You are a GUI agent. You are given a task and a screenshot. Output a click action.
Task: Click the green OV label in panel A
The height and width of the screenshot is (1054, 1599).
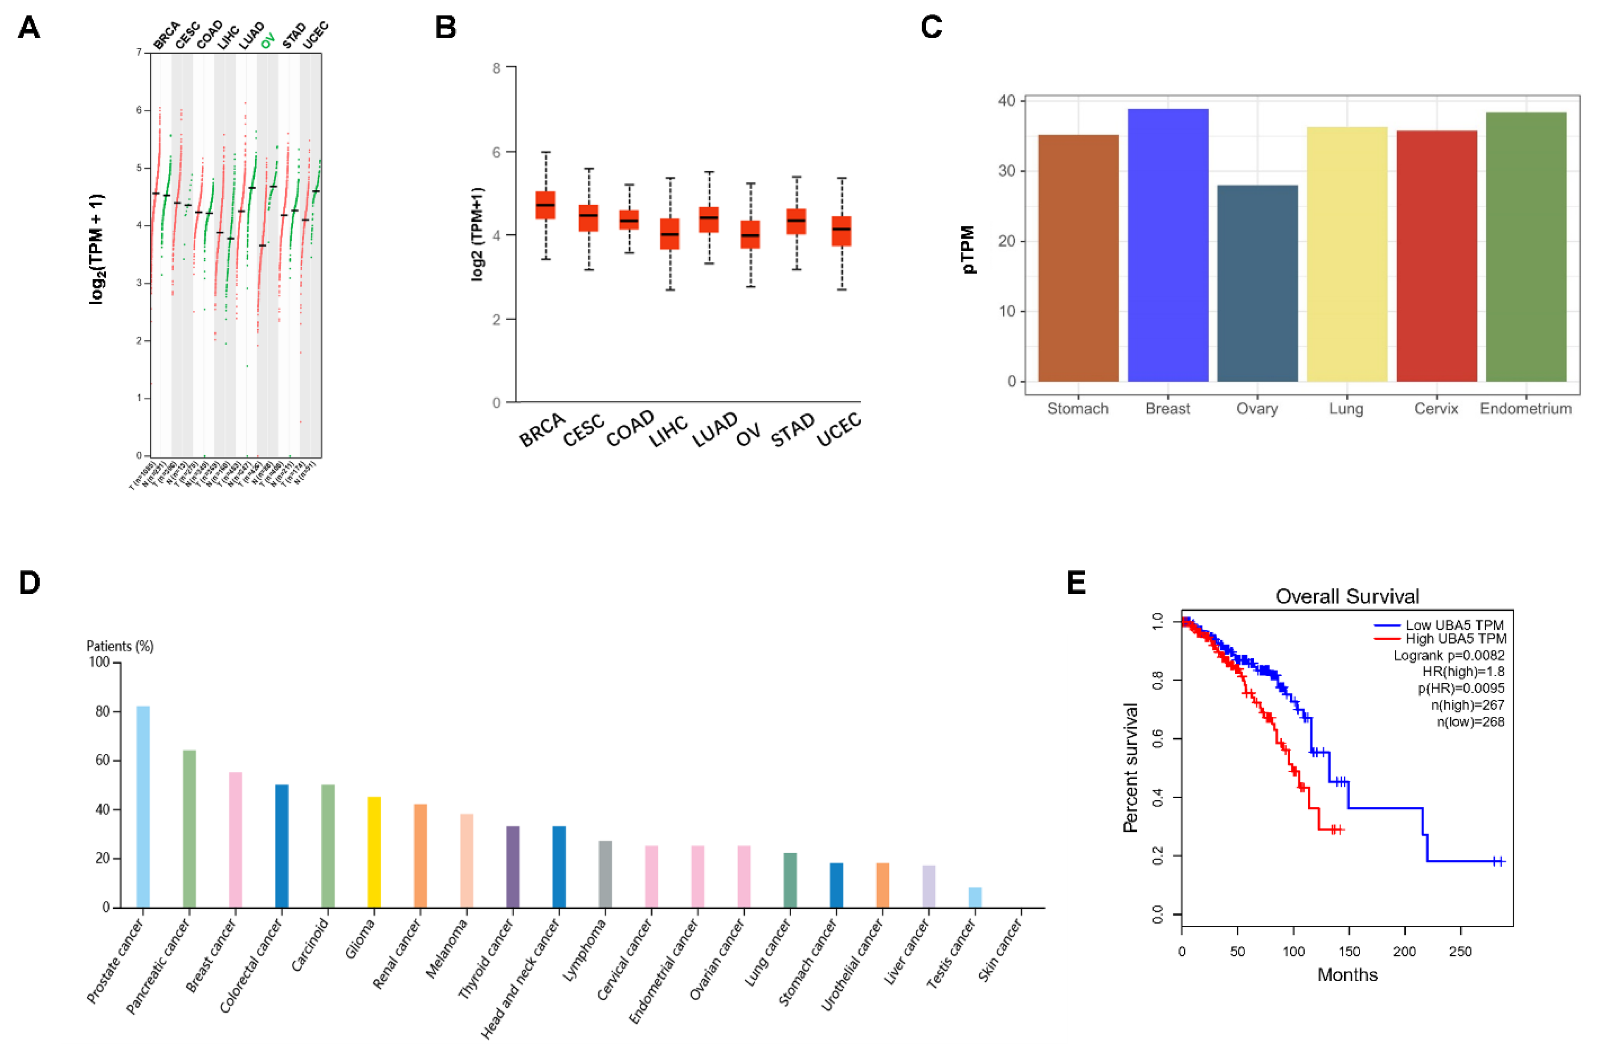click(x=268, y=40)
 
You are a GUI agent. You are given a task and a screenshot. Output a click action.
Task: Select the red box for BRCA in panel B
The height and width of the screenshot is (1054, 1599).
click(x=545, y=205)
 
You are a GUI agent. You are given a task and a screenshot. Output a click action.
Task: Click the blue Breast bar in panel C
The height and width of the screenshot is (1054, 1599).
click(x=1168, y=245)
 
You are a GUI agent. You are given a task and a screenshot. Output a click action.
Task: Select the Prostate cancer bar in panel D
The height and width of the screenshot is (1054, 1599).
click(x=143, y=806)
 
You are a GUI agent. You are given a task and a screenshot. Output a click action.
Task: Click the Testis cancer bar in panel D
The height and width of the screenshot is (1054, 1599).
click(x=975, y=898)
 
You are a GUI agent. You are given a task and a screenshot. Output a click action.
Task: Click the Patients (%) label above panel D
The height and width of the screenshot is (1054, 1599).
click(x=120, y=646)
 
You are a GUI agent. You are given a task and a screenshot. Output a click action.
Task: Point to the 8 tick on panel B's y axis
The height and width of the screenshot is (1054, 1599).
click(x=497, y=68)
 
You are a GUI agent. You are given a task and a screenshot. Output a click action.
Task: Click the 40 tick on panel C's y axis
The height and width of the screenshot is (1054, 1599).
click(x=1006, y=101)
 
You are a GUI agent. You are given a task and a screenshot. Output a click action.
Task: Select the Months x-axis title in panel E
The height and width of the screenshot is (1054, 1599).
click(x=1347, y=975)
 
